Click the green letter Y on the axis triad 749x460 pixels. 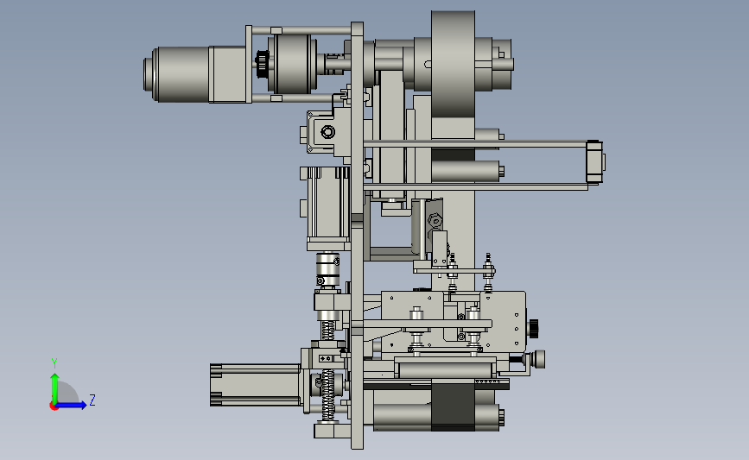[x=54, y=363]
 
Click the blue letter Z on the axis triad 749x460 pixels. [x=92, y=400]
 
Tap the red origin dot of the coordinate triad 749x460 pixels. [x=54, y=406]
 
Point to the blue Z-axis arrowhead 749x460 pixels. [x=83, y=405]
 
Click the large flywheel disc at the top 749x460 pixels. [x=453, y=64]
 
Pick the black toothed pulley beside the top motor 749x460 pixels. [x=262, y=65]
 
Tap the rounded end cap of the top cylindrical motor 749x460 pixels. [x=151, y=74]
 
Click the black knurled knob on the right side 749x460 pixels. [x=534, y=329]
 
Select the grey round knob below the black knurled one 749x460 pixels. [x=539, y=359]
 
